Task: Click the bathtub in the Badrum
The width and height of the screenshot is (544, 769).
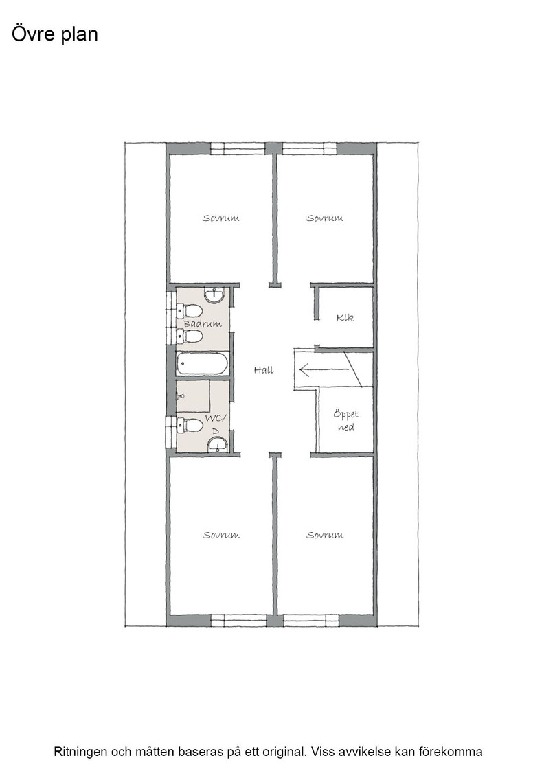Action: click(202, 364)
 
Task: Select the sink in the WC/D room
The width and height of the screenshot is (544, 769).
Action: click(217, 444)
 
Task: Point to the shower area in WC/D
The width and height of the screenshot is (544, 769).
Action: click(193, 396)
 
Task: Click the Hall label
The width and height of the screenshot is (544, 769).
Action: click(264, 370)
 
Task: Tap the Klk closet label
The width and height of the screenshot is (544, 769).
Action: click(345, 318)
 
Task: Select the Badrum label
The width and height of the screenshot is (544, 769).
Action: click(203, 323)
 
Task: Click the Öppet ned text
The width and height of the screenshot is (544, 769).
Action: click(345, 421)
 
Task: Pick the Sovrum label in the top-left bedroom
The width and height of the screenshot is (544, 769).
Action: click(221, 218)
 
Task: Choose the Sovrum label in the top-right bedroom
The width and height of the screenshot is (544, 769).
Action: click(325, 218)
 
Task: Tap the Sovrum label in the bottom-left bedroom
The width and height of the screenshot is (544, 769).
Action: click(221, 535)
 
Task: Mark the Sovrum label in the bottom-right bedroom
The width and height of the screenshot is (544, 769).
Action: click(325, 535)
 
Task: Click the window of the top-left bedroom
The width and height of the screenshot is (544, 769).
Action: click(238, 148)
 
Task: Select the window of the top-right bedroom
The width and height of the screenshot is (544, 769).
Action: click(310, 148)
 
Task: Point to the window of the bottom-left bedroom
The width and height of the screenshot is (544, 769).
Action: click(239, 621)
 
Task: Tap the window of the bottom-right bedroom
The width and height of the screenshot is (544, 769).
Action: click(311, 621)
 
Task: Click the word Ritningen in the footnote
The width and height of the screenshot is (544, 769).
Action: click(80, 752)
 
